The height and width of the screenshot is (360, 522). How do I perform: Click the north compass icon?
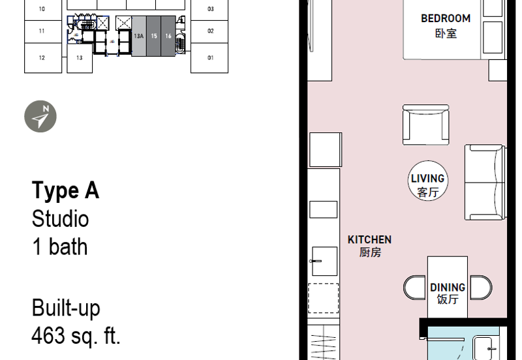[40, 117]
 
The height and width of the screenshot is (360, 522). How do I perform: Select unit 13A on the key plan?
[139, 36]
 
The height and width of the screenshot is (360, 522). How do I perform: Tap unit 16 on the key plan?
[168, 36]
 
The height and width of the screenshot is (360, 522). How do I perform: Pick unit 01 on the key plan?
[209, 58]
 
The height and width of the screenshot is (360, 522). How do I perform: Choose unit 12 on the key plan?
[43, 58]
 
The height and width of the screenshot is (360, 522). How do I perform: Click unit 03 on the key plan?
[209, 9]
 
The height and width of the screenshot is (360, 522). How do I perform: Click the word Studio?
[60, 218]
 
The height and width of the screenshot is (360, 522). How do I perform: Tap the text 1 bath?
[60, 247]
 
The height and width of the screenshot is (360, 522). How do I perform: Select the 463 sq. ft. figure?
[76, 336]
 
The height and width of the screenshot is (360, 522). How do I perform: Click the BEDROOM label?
[446, 19]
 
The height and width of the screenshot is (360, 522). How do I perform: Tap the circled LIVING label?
[428, 181]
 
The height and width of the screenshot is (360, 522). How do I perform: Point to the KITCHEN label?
[369, 240]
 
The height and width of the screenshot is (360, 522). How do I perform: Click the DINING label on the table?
[448, 288]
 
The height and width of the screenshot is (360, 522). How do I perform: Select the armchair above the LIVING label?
[426, 125]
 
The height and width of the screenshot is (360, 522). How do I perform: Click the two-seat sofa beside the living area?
[485, 183]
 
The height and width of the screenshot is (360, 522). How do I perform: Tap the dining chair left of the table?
[415, 288]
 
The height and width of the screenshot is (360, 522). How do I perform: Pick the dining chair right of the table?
[481, 288]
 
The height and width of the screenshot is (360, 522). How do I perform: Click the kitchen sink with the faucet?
[324, 261]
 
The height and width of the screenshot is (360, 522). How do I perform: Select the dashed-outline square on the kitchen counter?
[323, 298]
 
